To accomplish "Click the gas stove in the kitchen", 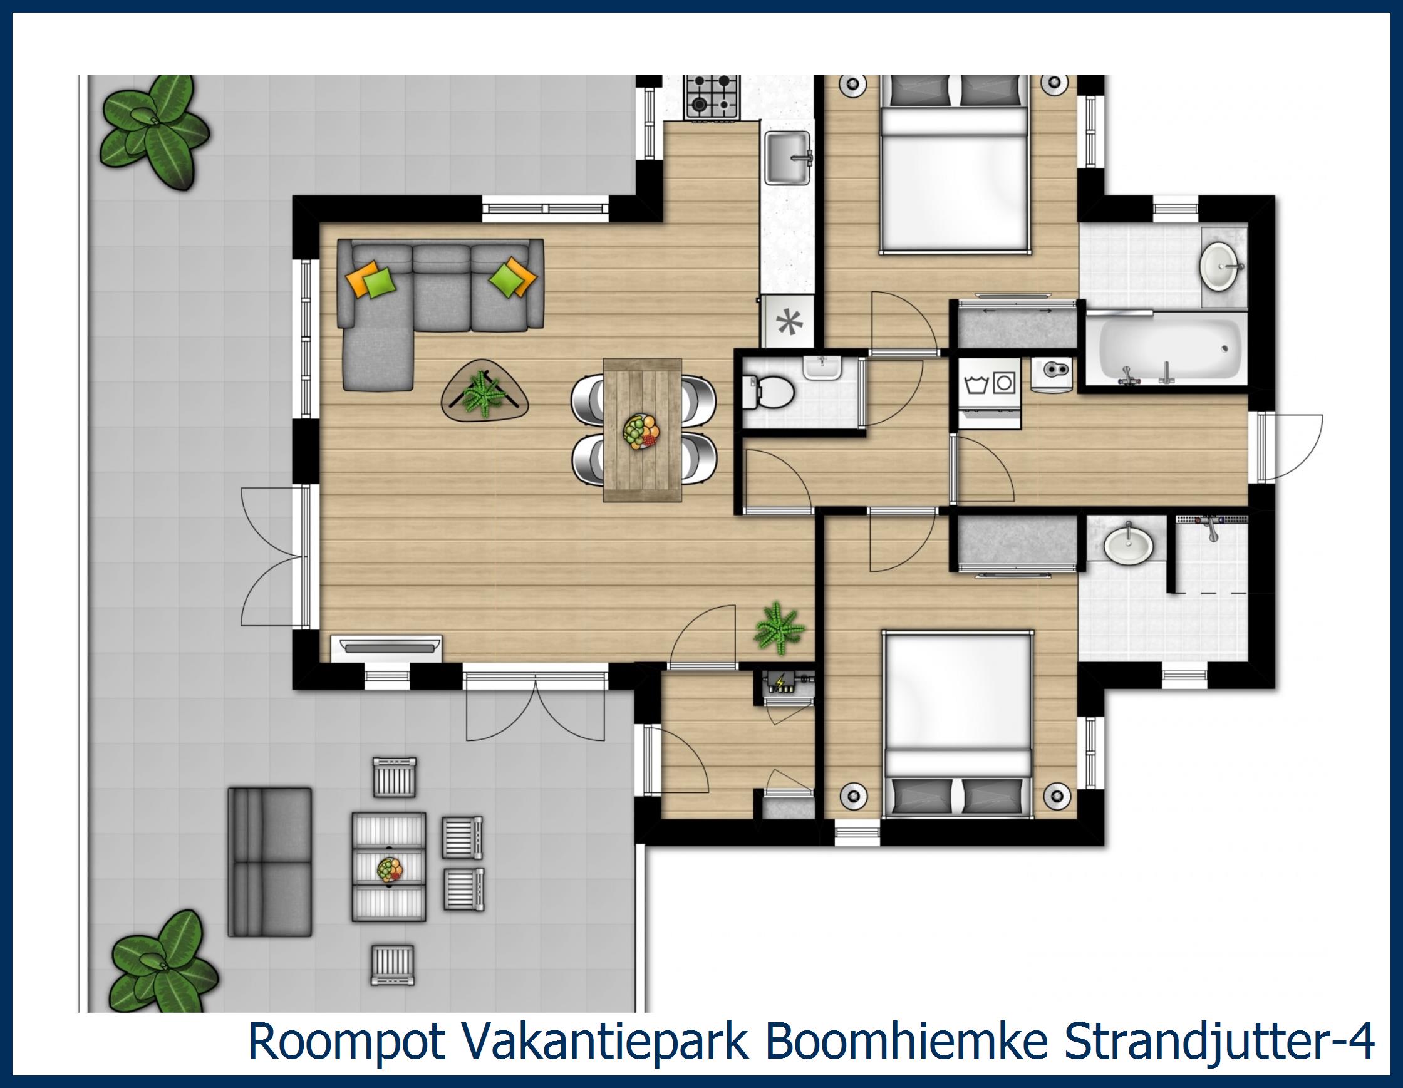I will coord(712,96).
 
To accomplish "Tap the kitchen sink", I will coord(787,158).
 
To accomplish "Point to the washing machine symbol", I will coord(976,384).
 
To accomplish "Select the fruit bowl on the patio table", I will coord(390,869).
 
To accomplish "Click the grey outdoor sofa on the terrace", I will coord(270,861).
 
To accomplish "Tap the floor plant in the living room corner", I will coord(779,628).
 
